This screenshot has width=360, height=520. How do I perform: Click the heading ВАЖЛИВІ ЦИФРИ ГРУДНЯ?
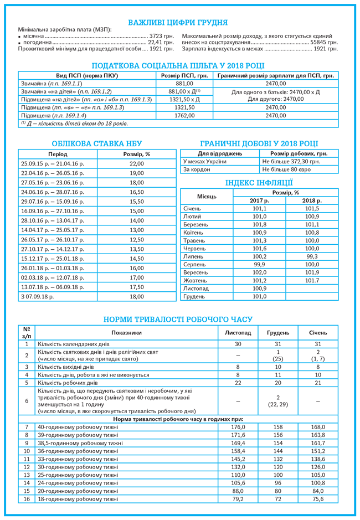(178, 22)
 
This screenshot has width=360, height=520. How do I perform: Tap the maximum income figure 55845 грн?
(324, 42)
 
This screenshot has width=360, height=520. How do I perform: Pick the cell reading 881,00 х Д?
(184, 91)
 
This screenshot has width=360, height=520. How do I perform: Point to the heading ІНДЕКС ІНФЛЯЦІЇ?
(259, 183)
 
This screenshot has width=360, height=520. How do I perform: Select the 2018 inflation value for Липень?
(312, 257)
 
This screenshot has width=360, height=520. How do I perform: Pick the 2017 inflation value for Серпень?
(259, 265)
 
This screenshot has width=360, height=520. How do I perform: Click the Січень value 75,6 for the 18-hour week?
(318, 499)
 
